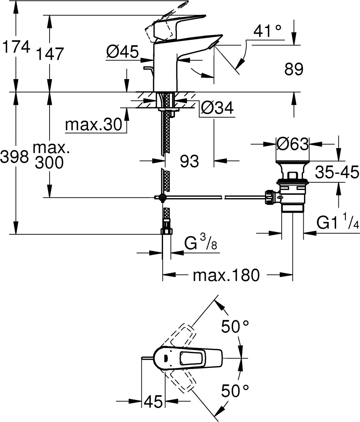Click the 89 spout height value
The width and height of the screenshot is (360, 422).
coord(294,69)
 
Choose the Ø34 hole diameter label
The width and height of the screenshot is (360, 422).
coord(217,109)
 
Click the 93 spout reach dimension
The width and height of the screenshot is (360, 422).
coord(189,162)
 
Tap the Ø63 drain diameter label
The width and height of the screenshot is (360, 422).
coord(293,143)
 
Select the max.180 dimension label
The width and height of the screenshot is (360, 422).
coord(226,276)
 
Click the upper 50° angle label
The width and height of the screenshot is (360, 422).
coord(235,327)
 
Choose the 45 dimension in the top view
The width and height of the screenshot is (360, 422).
coord(153,402)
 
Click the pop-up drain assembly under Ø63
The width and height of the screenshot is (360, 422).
coord(293,187)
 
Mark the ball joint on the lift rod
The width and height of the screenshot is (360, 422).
coord(161,198)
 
